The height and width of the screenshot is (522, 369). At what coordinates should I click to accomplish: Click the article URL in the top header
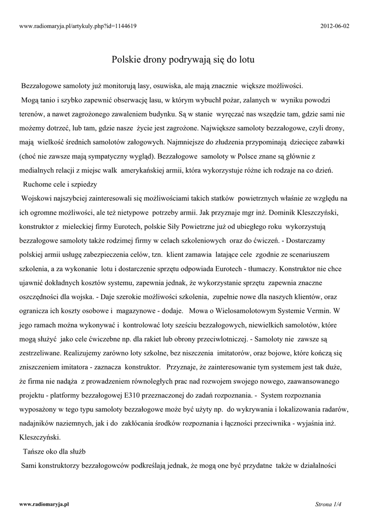click(x=78, y=25)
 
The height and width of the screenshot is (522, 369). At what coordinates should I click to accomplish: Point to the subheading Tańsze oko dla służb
click(x=55, y=451)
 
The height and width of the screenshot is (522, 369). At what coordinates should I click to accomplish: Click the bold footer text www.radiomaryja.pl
click(x=44, y=504)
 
